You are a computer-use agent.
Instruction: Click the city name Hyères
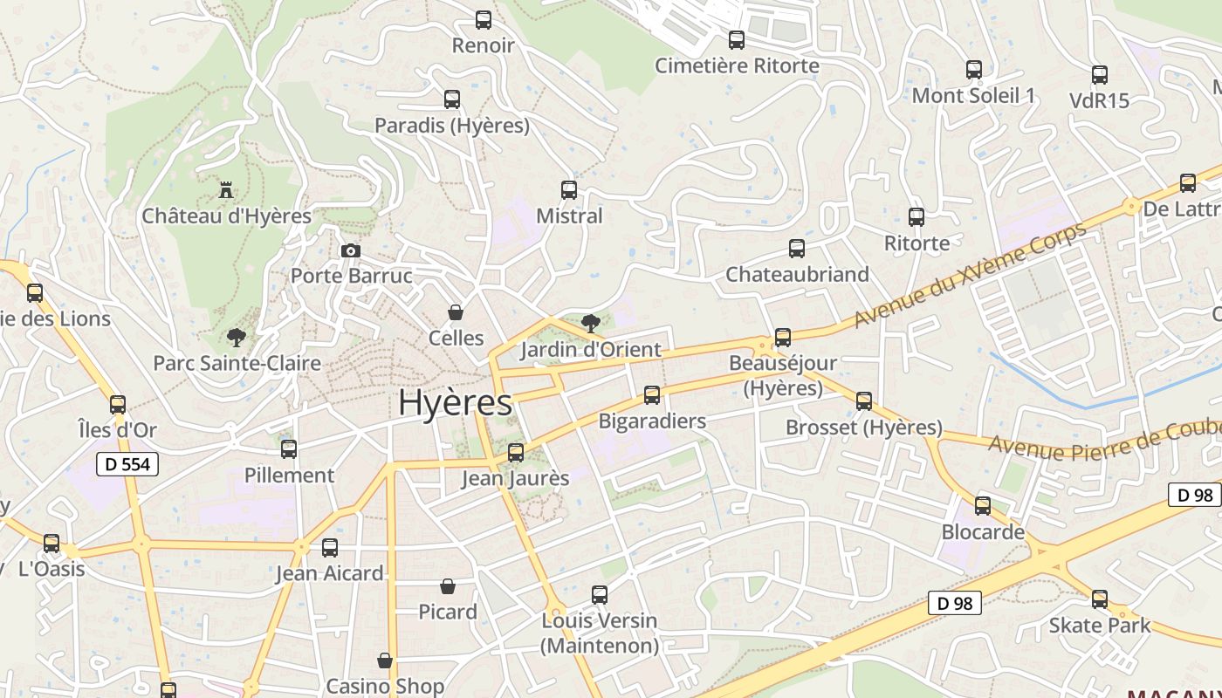[455, 403]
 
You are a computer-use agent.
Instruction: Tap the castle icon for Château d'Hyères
[226, 189]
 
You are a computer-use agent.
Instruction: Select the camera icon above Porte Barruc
[350, 251]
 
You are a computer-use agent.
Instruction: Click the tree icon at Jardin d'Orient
[590, 324]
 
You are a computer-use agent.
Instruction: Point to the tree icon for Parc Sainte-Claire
[236, 337]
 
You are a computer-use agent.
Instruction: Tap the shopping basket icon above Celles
[455, 312]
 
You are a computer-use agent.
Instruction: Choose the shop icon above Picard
[448, 586]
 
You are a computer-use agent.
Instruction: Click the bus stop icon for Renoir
[483, 20]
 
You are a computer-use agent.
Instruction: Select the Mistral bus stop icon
[569, 189]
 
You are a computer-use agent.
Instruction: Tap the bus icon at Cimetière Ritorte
[737, 40]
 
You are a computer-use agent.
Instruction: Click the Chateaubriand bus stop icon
[797, 249]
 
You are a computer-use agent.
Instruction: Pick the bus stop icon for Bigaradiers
[652, 395]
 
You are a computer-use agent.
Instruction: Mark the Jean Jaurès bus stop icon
[516, 453]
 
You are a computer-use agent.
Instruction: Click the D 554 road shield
[128, 464]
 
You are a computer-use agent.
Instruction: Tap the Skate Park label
[1100, 626]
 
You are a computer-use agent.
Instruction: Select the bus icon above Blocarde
[983, 506]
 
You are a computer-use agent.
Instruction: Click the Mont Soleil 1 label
[973, 95]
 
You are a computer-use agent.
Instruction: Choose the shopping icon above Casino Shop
[385, 660]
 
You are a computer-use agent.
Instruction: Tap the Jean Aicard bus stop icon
[330, 548]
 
